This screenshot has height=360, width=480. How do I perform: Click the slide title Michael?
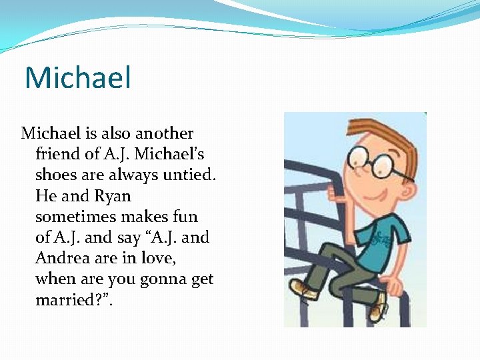[x=77, y=77]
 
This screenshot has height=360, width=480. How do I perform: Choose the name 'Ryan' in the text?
[x=113, y=197]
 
